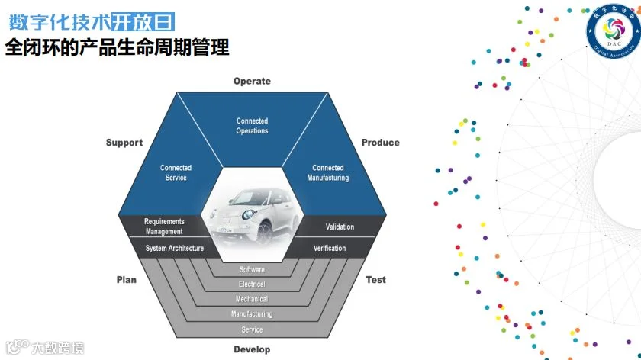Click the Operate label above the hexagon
(x=252, y=82)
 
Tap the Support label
(x=124, y=143)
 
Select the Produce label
(x=380, y=143)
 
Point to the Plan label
(x=127, y=280)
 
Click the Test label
(x=375, y=280)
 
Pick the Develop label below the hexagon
(x=252, y=349)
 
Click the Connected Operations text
(x=252, y=126)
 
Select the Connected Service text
(x=176, y=172)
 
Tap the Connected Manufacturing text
(x=328, y=172)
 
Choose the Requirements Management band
(x=164, y=227)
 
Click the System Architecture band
(x=175, y=249)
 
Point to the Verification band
(x=330, y=249)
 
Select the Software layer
(x=252, y=270)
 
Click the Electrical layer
(x=252, y=284)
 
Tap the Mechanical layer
(x=252, y=299)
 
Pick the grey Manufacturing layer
(x=252, y=314)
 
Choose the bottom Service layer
(x=252, y=329)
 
